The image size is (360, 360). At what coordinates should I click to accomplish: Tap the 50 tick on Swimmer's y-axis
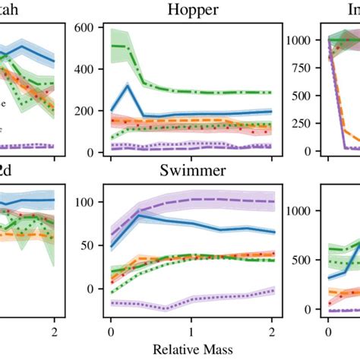tap(87, 246)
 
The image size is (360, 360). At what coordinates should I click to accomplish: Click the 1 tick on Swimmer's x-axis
tap(192, 331)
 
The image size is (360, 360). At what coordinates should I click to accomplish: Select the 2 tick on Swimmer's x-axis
tap(272, 331)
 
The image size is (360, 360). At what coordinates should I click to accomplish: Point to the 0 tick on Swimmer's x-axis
tap(112, 331)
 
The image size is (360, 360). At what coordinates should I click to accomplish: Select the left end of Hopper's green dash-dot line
tap(112, 46)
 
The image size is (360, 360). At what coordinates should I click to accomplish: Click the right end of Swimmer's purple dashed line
tap(272, 201)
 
